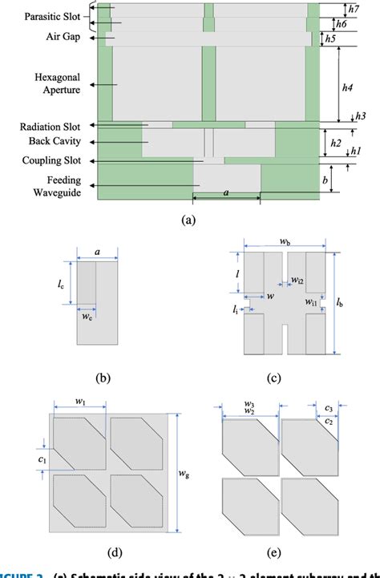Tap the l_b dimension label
click(x=341, y=302)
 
